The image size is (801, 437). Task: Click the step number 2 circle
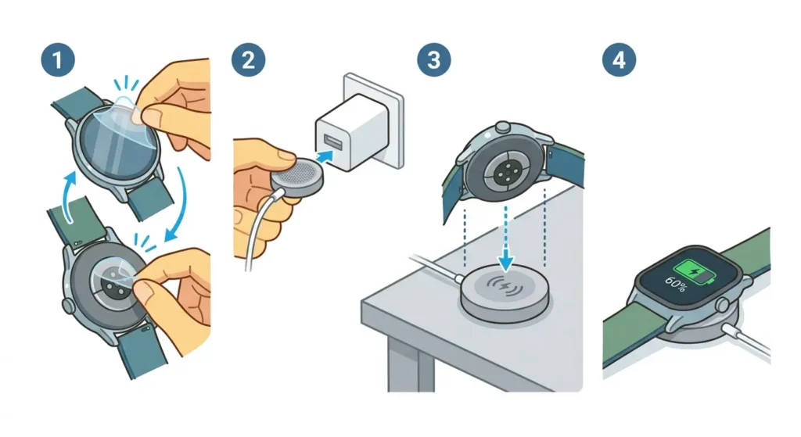[247, 59]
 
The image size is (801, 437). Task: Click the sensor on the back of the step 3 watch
[500, 167]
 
